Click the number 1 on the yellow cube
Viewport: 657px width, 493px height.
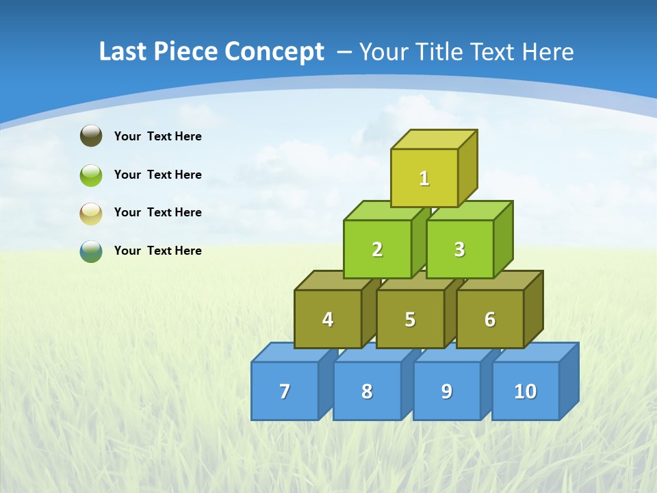[424, 179]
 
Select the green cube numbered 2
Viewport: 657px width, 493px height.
[377, 249]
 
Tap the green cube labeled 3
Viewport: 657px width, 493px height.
[459, 249]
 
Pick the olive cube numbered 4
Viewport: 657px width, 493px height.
[328, 319]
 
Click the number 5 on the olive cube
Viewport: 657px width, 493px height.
[410, 320]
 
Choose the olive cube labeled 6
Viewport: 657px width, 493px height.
[490, 319]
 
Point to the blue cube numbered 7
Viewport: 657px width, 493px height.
[285, 391]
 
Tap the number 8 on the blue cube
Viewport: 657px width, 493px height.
[367, 392]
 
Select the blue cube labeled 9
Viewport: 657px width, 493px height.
[446, 391]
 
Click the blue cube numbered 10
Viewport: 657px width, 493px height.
[525, 391]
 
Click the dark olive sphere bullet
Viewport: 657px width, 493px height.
[91, 136]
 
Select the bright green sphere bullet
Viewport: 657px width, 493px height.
[91, 175]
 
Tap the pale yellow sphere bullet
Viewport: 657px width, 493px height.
[91, 213]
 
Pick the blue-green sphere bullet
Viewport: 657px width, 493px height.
[91, 251]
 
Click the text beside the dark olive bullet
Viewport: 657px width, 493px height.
[158, 136]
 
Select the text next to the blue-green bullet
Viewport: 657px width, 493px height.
[158, 251]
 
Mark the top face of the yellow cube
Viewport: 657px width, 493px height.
[434, 139]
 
